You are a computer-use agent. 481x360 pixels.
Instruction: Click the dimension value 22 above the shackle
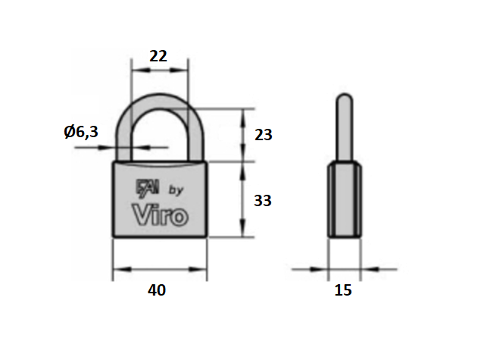[158, 55]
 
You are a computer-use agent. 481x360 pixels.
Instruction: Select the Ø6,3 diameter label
[81, 132]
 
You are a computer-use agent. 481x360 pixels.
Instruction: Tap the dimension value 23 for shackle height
[263, 135]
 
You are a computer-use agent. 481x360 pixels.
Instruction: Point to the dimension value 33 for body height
[263, 201]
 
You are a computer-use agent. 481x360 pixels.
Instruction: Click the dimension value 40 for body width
[157, 290]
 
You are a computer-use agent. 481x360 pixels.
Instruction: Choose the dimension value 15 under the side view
[343, 290]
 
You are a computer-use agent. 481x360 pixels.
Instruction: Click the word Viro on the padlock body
[160, 214]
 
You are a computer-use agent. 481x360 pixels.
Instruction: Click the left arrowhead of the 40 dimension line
[118, 269]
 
